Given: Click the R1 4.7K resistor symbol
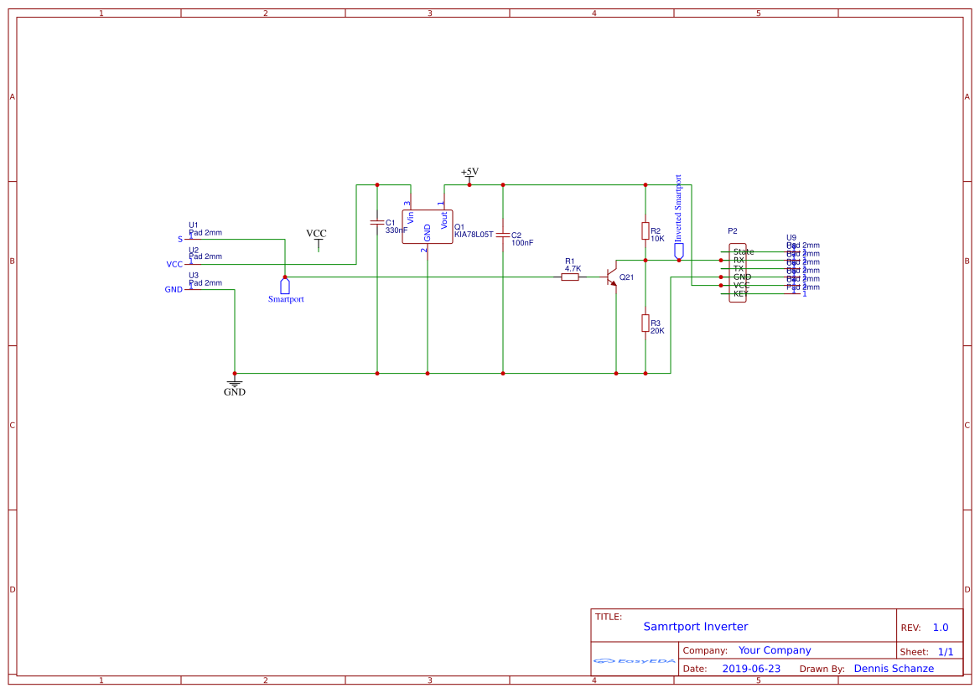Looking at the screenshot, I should click(570, 277).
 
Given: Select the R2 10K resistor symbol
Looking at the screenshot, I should click(645, 230).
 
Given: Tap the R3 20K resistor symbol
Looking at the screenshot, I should click(645, 323).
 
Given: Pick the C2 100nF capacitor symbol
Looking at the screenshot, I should click(503, 235).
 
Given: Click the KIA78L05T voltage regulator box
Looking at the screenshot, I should click(428, 226).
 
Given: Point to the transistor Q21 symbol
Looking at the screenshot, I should click(612, 277).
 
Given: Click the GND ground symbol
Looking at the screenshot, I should click(235, 385).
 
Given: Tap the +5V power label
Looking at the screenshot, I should click(469, 172).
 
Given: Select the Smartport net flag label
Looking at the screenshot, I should click(286, 298).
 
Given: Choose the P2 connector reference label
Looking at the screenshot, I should click(733, 230).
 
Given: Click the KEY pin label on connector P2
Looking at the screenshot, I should click(740, 293).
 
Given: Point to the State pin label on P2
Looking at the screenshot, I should click(743, 251).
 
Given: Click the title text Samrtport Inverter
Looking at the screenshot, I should click(695, 627).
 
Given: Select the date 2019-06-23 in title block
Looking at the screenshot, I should click(750, 669).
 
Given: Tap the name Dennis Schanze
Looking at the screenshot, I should click(894, 669).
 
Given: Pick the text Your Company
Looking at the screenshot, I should click(775, 650).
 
